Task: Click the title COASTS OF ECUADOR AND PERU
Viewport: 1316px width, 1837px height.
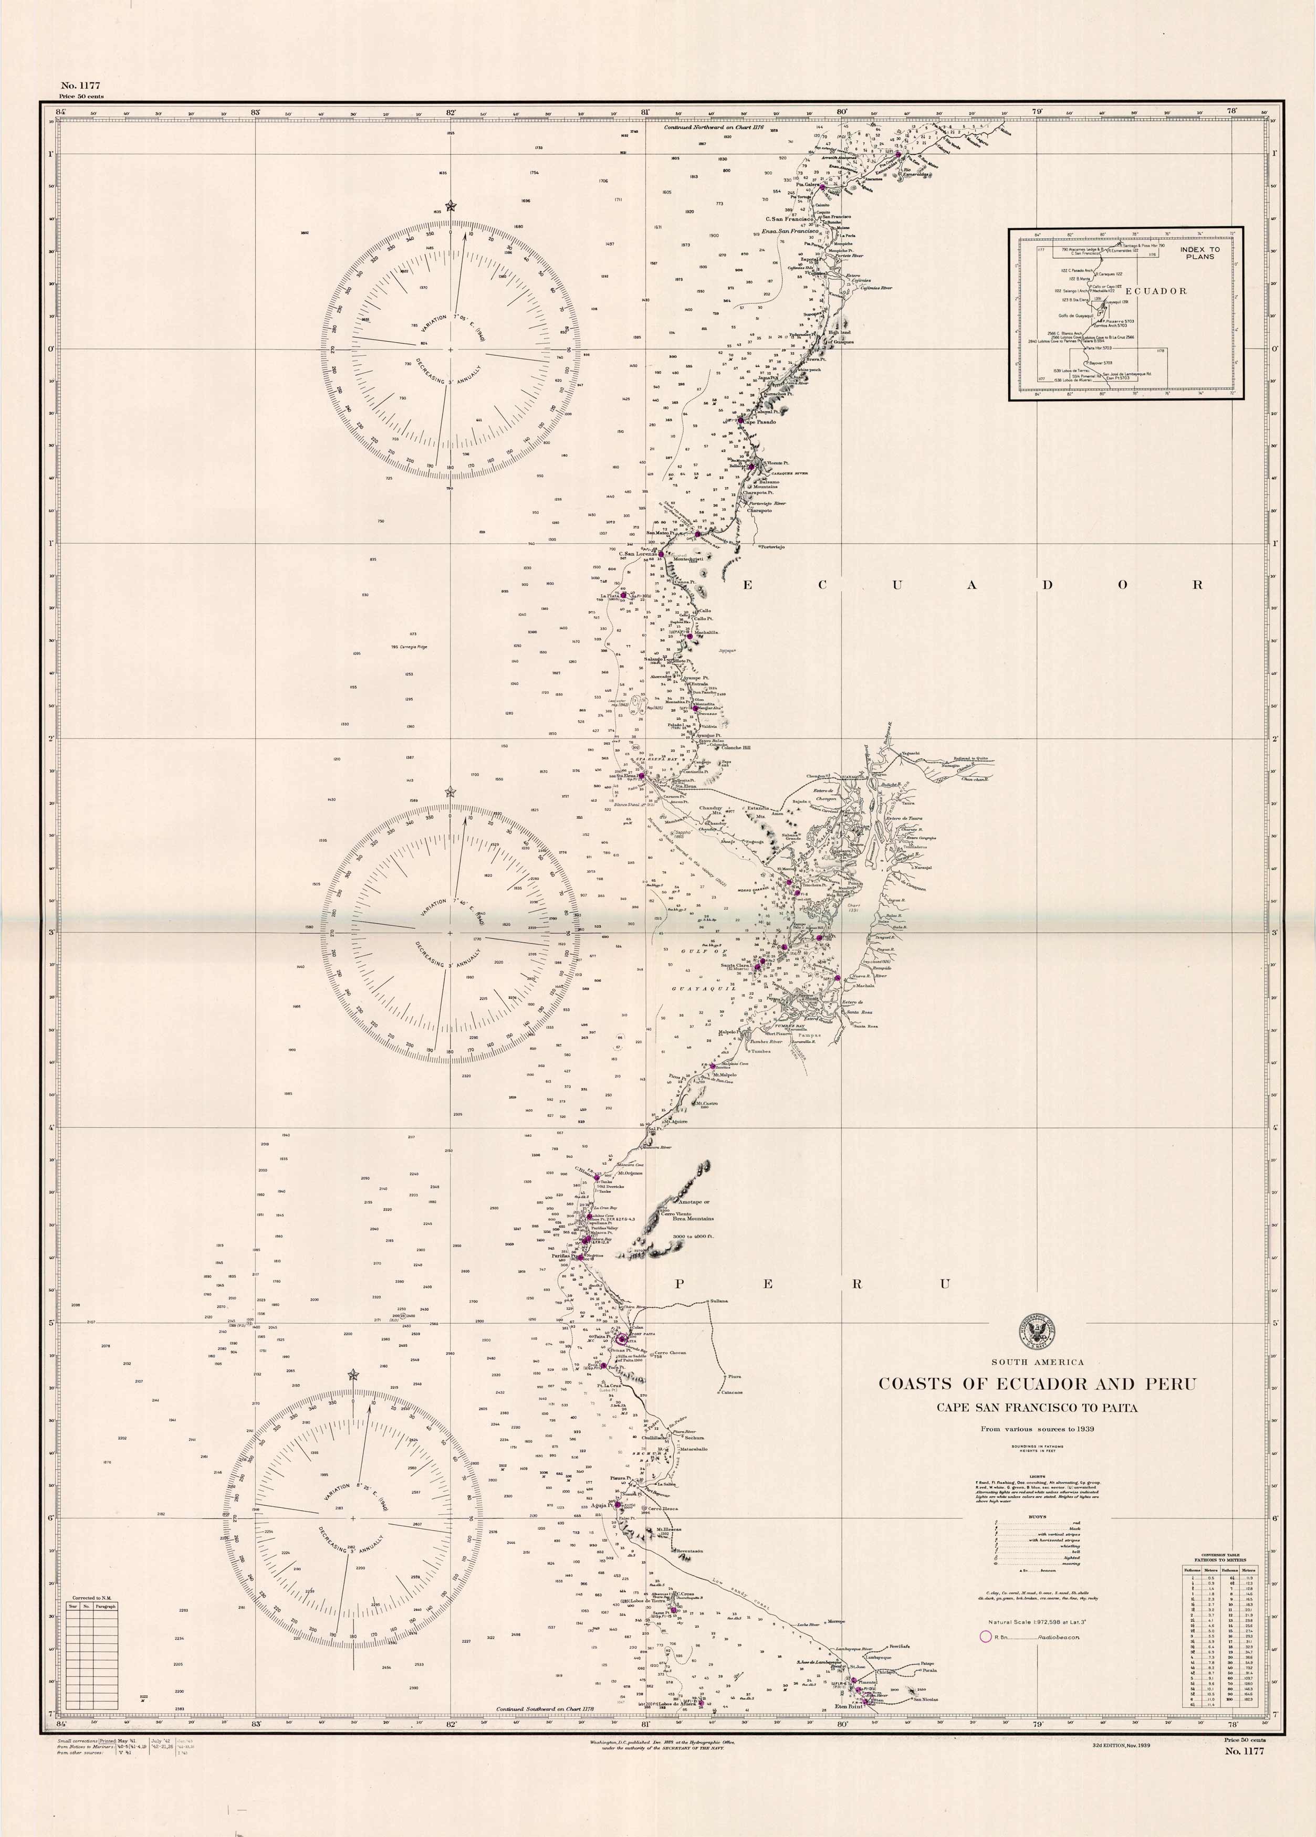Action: pos(1037,1384)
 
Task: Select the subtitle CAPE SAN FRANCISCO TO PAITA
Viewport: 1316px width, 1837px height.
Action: pos(1037,1408)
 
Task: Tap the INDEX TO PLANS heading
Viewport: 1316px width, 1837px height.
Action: pos(1199,252)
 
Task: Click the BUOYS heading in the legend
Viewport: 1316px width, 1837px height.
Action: pos(1037,1516)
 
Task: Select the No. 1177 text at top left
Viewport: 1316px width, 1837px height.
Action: pos(80,85)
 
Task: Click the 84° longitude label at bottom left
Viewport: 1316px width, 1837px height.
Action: pos(60,1719)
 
